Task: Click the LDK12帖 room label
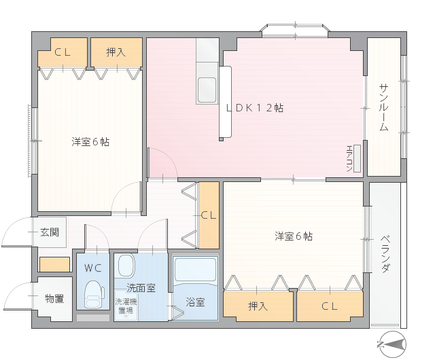click(255, 107)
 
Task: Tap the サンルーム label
click(383, 107)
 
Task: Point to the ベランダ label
click(385, 254)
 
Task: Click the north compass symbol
click(392, 344)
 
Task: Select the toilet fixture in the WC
click(94, 294)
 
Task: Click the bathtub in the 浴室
click(195, 270)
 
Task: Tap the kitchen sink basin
click(207, 90)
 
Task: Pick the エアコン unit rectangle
click(357, 158)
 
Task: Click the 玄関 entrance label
click(50, 232)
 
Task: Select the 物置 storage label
click(54, 299)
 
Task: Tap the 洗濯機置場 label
click(126, 306)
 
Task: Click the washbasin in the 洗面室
click(126, 266)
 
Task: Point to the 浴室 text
click(195, 302)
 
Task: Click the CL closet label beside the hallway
click(209, 215)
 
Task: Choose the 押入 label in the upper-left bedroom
click(116, 52)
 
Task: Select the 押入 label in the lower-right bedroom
click(258, 306)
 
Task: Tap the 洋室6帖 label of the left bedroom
click(90, 142)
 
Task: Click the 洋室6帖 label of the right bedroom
click(294, 236)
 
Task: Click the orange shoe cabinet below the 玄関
click(54, 264)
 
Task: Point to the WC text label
click(93, 268)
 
